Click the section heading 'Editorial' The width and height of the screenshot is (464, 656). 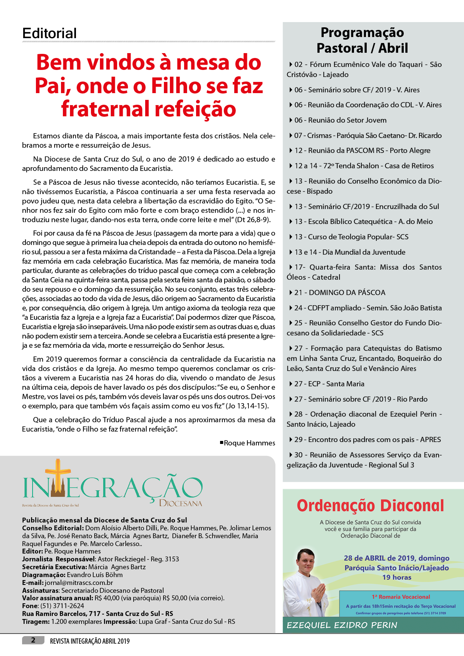[49, 33]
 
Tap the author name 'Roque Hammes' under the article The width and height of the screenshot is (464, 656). [249, 443]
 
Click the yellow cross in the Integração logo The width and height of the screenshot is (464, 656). [58, 472]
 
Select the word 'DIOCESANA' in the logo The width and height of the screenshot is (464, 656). [180, 503]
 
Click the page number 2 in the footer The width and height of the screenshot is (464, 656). [33, 640]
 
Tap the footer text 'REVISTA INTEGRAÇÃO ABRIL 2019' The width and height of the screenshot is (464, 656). [90, 641]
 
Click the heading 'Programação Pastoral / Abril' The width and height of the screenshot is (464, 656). [362, 40]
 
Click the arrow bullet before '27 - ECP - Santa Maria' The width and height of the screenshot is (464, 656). [291, 384]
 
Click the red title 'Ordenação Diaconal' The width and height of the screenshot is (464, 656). [370, 506]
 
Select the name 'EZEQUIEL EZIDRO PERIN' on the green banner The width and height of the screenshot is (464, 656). [342, 625]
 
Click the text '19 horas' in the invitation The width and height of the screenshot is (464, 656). [396, 577]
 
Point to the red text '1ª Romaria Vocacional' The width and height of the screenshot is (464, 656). [401, 597]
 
